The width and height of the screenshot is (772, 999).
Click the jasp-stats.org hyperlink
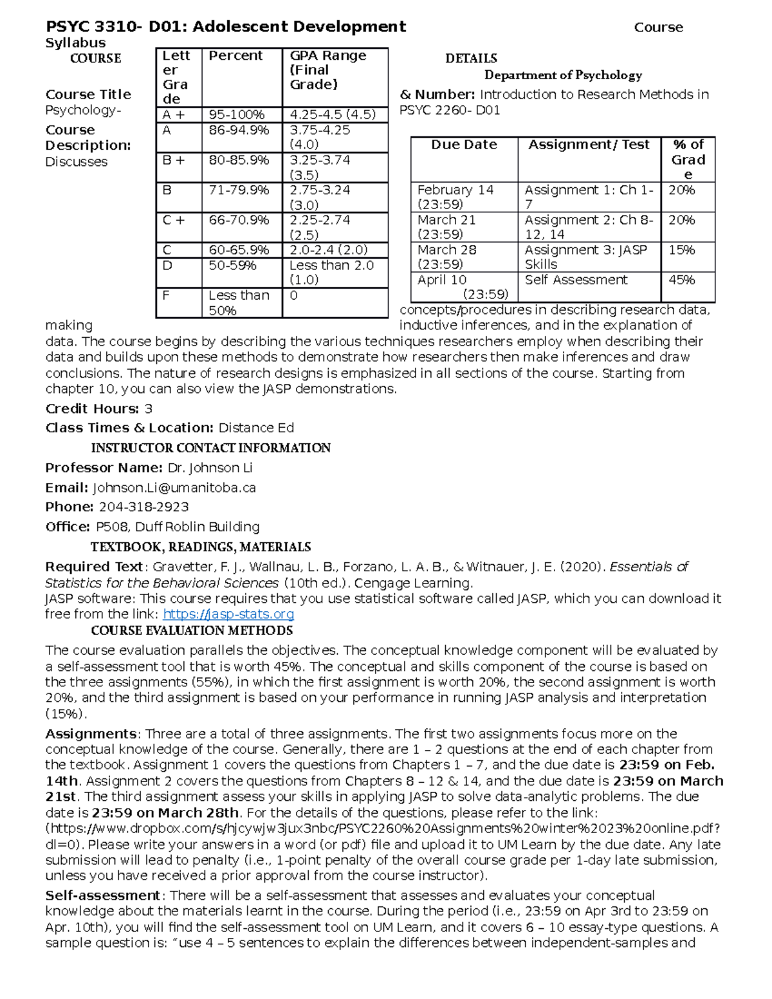tap(228, 614)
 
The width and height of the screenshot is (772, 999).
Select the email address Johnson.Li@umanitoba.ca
tap(174, 488)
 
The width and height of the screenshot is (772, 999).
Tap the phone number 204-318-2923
tap(143, 507)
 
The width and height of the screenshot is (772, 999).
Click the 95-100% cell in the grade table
tap(237, 115)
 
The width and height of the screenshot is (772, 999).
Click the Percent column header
tap(235, 56)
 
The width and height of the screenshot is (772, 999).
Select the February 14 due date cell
tap(455, 197)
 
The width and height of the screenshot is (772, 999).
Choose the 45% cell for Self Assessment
tap(681, 280)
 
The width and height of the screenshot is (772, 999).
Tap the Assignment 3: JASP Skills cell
tap(585, 257)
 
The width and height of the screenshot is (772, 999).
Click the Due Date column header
tap(464, 145)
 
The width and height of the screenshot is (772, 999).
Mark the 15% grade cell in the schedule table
tap(681, 250)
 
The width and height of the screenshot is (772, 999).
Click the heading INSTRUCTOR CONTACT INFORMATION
tap(210, 448)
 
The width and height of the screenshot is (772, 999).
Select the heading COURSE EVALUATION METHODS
tap(192, 630)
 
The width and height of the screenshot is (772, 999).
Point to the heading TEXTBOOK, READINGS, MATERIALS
tap(201, 547)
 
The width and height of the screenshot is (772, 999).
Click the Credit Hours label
tap(92, 409)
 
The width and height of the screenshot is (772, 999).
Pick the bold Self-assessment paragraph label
tap(102, 895)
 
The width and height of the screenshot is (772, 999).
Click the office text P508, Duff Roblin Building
tap(178, 527)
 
